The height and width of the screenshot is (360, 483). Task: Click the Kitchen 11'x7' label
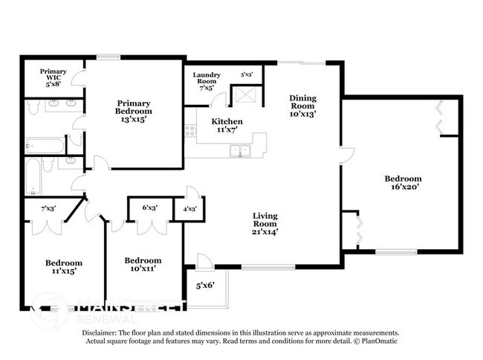tap(227, 126)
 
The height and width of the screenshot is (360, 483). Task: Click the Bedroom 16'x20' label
tap(403, 183)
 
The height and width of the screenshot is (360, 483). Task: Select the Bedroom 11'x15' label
tap(64, 267)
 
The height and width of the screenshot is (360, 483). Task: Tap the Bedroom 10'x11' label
tap(143, 265)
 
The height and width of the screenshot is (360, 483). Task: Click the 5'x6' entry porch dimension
tap(205, 285)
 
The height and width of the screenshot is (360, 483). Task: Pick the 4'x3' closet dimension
tap(189, 209)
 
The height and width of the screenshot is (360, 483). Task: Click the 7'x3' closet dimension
tap(50, 208)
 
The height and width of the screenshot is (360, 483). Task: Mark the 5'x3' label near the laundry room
tap(247, 74)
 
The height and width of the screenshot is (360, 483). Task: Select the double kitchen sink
tap(240, 151)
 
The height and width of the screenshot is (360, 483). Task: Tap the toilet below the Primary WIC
tap(33, 109)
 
